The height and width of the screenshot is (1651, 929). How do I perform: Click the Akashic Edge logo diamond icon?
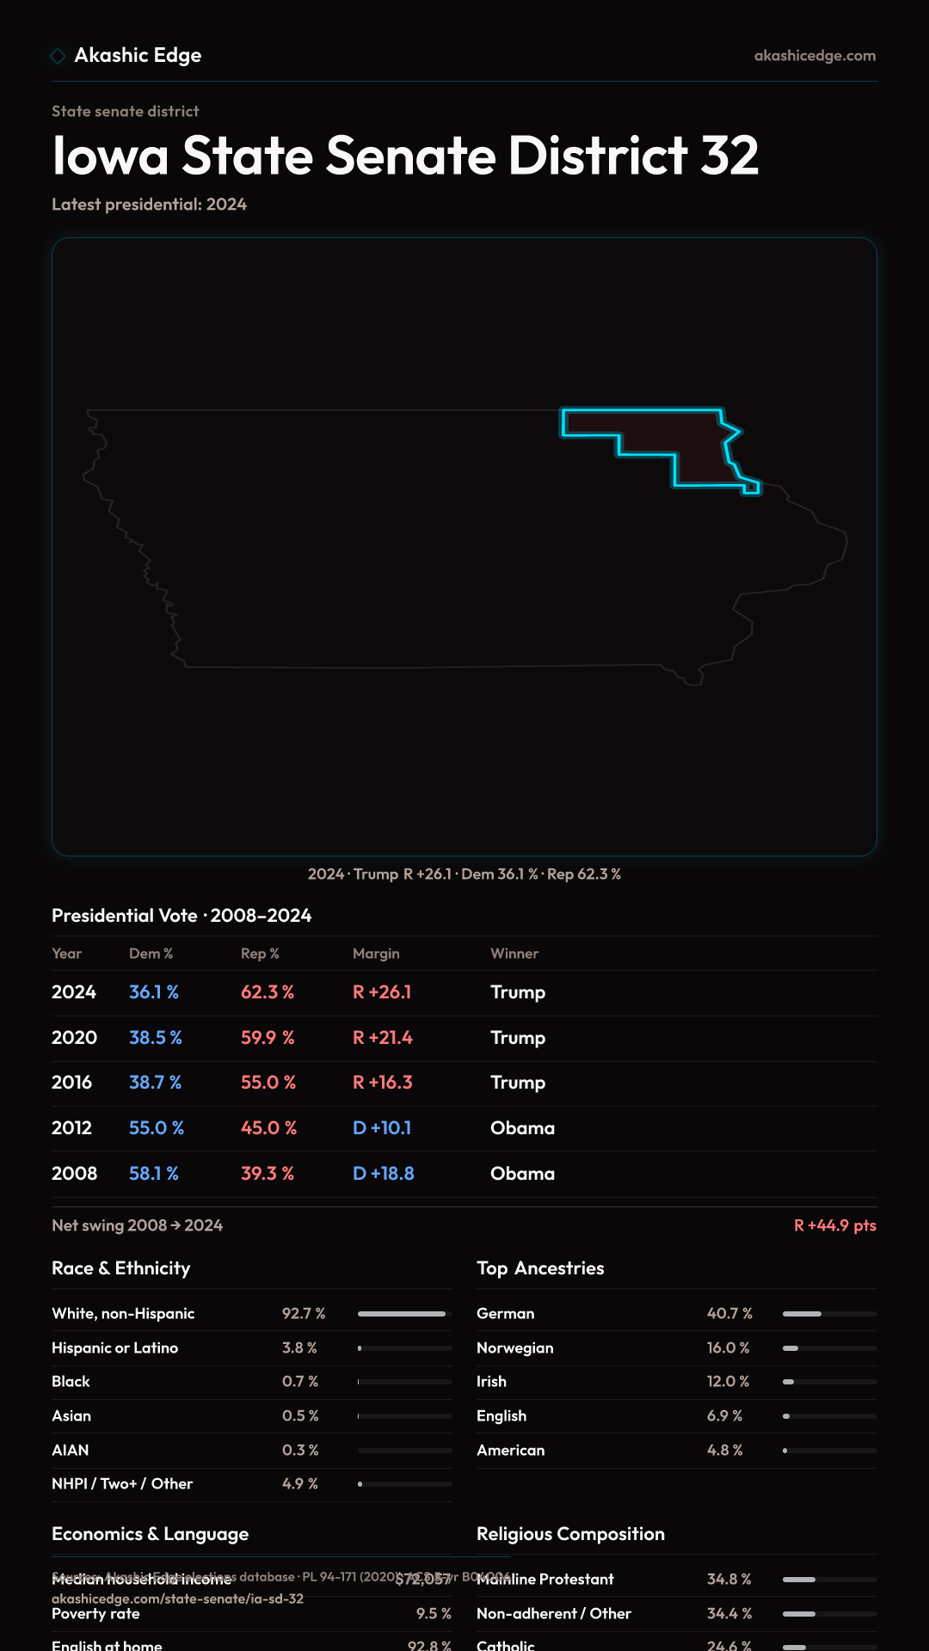pyautogui.click(x=58, y=56)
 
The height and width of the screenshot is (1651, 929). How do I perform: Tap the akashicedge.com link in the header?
pyautogui.click(x=815, y=56)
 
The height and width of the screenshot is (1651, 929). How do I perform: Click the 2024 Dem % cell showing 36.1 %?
pyautogui.click(x=154, y=992)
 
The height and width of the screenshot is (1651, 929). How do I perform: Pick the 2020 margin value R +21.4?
pyautogui.click(x=382, y=1038)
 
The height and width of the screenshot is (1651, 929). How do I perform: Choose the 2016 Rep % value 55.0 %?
pyautogui.click(x=268, y=1083)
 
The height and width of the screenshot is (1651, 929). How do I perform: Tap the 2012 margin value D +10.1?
pyautogui.click(x=382, y=1128)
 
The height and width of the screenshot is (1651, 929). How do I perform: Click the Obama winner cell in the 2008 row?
pyautogui.click(x=522, y=1174)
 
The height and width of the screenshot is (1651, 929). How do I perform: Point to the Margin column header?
pyautogui.click(x=376, y=954)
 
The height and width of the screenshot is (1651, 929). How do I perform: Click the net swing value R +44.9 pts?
pyautogui.click(x=834, y=1225)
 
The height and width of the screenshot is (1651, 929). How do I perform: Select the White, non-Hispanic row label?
pyautogui.click(x=123, y=1314)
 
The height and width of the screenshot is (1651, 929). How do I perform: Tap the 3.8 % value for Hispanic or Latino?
pyautogui.click(x=299, y=1348)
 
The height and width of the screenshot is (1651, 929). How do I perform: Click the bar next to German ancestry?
pyautogui.click(x=829, y=1314)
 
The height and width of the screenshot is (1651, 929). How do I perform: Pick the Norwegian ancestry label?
pyautogui.click(x=514, y=1348)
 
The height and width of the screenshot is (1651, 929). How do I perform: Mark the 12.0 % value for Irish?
pyautogui.click(x=728, y=1382)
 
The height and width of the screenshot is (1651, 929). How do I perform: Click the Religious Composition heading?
pyautogui.click(x=570, y=1534)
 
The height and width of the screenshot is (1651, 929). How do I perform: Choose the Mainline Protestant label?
pyautogui.click(x=545, y=1580)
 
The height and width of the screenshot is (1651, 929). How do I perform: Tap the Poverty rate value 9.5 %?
pyautogui.click(x=434, y=1614)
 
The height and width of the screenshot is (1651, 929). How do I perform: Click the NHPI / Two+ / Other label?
pyautogui.click(x=122, y=1484)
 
